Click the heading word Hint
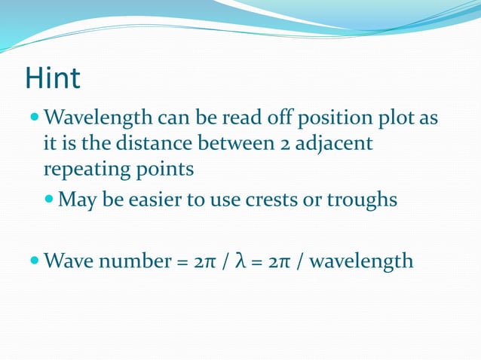click(x=53, y=79)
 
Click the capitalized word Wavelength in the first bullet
click(x=98, y=119)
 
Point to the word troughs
click(x=364, y=200)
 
